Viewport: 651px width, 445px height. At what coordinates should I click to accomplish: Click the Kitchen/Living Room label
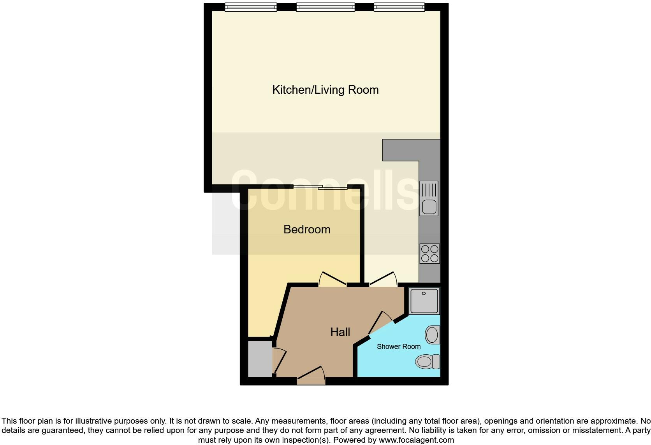[x=325, y=90]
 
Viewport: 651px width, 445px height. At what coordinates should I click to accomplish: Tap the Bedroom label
[x=307, y=230]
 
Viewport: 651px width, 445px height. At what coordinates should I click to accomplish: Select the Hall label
[x=340, y=332]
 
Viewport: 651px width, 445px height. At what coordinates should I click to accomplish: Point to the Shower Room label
[x=398, y=347]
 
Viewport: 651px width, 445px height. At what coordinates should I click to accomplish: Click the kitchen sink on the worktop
[x=429, y=198]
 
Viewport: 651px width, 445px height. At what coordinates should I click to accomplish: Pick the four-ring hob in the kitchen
[x=429, y=253]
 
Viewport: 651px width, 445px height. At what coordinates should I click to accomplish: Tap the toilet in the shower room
[x=427, y=362]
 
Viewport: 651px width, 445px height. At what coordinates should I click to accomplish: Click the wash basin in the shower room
[x=432, y=335]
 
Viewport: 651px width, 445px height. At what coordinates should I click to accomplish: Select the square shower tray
[x=424, y=301]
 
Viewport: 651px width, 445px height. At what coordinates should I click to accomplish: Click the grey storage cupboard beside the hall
[x=260, y=359]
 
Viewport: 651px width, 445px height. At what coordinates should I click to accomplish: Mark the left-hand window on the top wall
[x=250, y=7]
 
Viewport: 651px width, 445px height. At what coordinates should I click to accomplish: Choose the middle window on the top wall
[x=325, y=7]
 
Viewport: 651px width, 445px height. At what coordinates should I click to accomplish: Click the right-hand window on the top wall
[x=399, y=7]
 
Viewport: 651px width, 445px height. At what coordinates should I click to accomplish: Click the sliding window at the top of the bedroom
[x=320, y=188]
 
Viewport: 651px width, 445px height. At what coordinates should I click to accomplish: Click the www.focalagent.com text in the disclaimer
[x=416, y=440]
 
